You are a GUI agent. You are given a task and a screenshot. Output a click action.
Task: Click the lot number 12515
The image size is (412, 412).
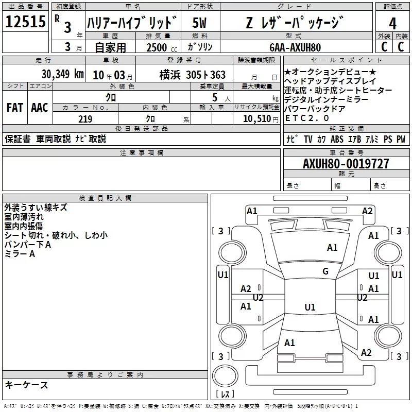(x=25, y=22)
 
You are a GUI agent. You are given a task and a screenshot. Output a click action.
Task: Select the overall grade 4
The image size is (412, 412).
(x=392, y=24)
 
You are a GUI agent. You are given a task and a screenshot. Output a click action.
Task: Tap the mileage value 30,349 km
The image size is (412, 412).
(x=62, y=74)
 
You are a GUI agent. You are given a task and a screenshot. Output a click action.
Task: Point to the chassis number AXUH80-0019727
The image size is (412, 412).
(x=346, y=164)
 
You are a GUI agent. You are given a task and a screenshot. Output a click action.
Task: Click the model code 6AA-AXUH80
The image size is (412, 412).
(x=295, y=47)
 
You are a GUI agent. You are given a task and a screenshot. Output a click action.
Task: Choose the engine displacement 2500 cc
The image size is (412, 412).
(x=162, y=47)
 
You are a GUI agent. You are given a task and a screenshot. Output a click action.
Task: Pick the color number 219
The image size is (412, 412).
(x=85, y=119)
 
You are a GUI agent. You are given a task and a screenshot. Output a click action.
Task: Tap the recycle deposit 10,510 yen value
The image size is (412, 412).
(x=261, y=119)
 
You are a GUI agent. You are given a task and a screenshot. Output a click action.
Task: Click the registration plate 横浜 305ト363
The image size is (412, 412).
(x=192, y=75)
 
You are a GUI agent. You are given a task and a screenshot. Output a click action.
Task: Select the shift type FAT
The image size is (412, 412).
(x=15, y=108)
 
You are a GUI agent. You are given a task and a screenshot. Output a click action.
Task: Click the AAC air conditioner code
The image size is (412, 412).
(x=40, y=108)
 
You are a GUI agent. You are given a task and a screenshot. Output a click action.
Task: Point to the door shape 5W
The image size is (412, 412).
(x=199, y=23)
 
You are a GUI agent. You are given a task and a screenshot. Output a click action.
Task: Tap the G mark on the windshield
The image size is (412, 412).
(x=325, y=271)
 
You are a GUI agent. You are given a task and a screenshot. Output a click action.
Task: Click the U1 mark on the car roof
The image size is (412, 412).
(x=310, y=307)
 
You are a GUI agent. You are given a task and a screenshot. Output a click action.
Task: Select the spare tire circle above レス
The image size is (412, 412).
(x=225, y=376)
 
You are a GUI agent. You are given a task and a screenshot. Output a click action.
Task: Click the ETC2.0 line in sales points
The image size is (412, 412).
(x=307, y=118)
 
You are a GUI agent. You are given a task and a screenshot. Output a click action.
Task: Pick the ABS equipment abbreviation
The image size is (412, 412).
(x=337, y=139)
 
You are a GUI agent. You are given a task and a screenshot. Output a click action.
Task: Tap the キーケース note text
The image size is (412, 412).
(x=26, y=385)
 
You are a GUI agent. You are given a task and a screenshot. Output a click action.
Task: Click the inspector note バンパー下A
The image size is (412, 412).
(x=28, y=245)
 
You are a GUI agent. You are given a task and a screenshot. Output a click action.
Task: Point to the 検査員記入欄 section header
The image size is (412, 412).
(x=105, y=198)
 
